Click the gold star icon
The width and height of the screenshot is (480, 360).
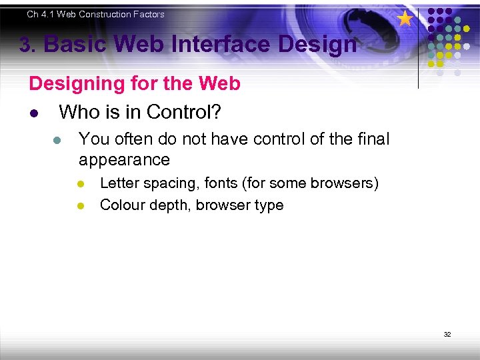[405, 19]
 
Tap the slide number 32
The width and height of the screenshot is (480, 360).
[447, 334]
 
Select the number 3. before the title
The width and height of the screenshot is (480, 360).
[27, 45]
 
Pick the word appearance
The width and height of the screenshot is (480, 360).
[124, 160]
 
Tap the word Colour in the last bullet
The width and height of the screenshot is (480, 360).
[121, 205]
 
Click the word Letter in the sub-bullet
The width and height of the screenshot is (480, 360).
[119, 183]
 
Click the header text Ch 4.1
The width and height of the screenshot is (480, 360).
[41, 14]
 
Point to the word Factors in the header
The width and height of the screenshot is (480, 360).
[148, 14]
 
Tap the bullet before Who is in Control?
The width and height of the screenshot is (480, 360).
[33, 113]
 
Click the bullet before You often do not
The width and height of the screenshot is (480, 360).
[57, 140]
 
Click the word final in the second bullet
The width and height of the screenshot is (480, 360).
[372, 139]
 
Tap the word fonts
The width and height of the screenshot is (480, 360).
[222, 183]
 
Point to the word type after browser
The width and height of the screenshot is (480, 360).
[267, 205]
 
